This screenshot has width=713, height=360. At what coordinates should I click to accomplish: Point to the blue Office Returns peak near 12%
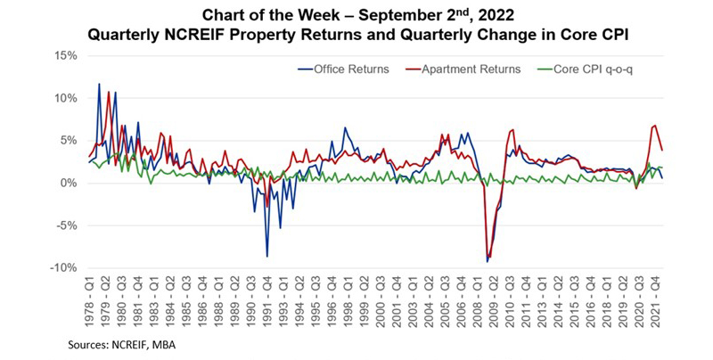(99, 85)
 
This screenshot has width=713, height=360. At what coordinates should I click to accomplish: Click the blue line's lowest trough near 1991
(266, 257)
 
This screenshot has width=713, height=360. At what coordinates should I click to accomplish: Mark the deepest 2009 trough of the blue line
(487, 261)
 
